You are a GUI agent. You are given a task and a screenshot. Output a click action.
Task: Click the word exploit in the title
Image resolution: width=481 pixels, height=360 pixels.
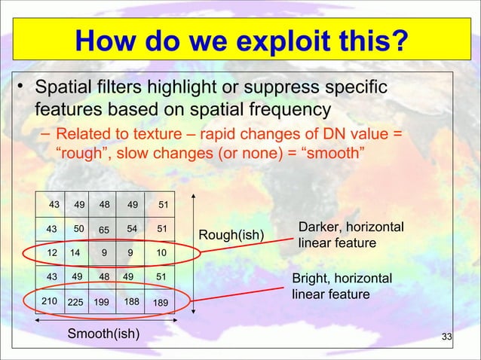click(x=284, y=41)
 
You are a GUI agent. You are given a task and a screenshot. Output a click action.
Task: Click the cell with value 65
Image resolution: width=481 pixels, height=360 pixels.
click(x=103, y=229)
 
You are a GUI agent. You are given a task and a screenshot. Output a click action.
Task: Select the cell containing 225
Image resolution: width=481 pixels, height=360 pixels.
click(x=77, y=301)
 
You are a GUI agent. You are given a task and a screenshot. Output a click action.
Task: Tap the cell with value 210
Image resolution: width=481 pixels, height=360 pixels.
click(x=51, y=301)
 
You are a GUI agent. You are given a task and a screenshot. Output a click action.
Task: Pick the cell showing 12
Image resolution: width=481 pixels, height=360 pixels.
click(x=51, y=253)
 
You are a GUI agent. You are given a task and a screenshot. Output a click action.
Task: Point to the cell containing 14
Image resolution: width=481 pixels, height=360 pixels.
click(x=77, y=253)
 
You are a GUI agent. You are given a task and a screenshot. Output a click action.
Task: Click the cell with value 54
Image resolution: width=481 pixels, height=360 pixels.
click(x=130, y=229)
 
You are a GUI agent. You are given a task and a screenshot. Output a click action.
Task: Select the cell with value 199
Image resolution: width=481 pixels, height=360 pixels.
click(x=103, y=301)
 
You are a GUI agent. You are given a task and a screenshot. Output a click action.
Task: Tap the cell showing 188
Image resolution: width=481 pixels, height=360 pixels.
click(x=130, y=301)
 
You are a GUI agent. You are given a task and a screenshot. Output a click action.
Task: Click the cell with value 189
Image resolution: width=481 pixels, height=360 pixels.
click(x=160, y=301)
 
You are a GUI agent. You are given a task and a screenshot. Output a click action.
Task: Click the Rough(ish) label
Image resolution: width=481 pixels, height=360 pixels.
click(x=231, y=235)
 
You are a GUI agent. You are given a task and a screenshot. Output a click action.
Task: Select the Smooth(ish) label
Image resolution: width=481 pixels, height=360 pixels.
click(x=103, y=334)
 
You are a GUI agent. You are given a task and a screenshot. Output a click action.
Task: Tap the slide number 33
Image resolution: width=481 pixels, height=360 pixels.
click(x=446, y=337)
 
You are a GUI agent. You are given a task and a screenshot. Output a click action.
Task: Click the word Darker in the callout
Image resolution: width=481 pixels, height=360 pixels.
click(x=320, y=227)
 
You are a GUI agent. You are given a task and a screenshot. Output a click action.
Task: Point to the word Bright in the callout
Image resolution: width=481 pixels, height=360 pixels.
click(x=310, y=279)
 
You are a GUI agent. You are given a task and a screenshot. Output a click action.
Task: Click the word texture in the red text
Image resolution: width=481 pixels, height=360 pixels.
click(x=158, y=134)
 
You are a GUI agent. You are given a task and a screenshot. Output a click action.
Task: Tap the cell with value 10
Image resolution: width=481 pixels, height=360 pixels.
click(x=160, y=253)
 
